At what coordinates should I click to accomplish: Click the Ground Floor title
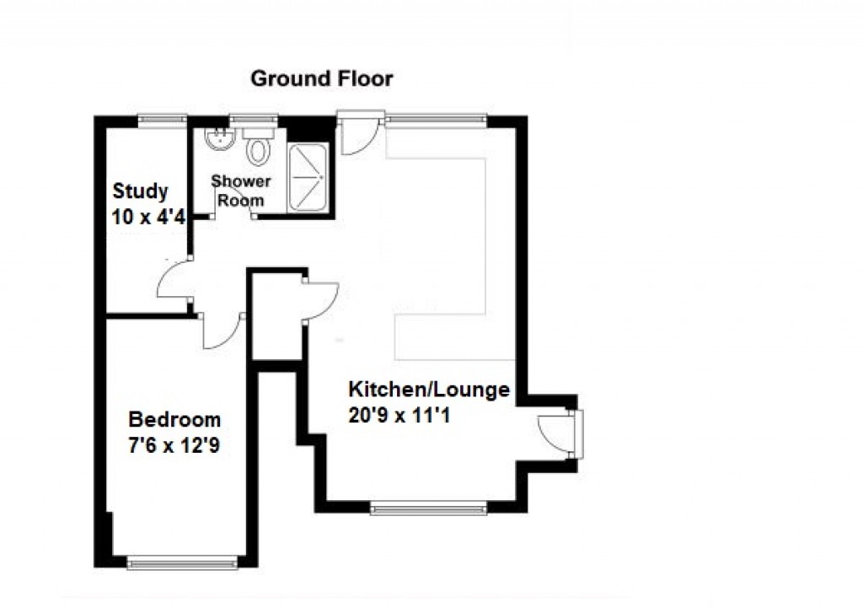(322, 79)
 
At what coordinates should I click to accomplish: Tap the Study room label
(140, 191)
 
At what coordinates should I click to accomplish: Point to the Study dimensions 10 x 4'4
(147, 216)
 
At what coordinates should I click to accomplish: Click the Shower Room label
(241, 191)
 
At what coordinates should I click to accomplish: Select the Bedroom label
(174, 419)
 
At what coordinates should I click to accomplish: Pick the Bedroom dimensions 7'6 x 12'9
(174, 446)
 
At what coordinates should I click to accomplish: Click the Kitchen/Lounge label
(429, 390)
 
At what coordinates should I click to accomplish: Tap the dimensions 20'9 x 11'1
(399, 415)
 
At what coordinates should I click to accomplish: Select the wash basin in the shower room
(220, 138)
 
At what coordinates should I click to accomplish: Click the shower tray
(306, 178)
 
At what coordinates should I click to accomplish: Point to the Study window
(163, 120)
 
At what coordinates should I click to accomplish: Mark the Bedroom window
(182, 561)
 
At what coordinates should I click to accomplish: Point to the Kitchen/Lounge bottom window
(429, 507)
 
